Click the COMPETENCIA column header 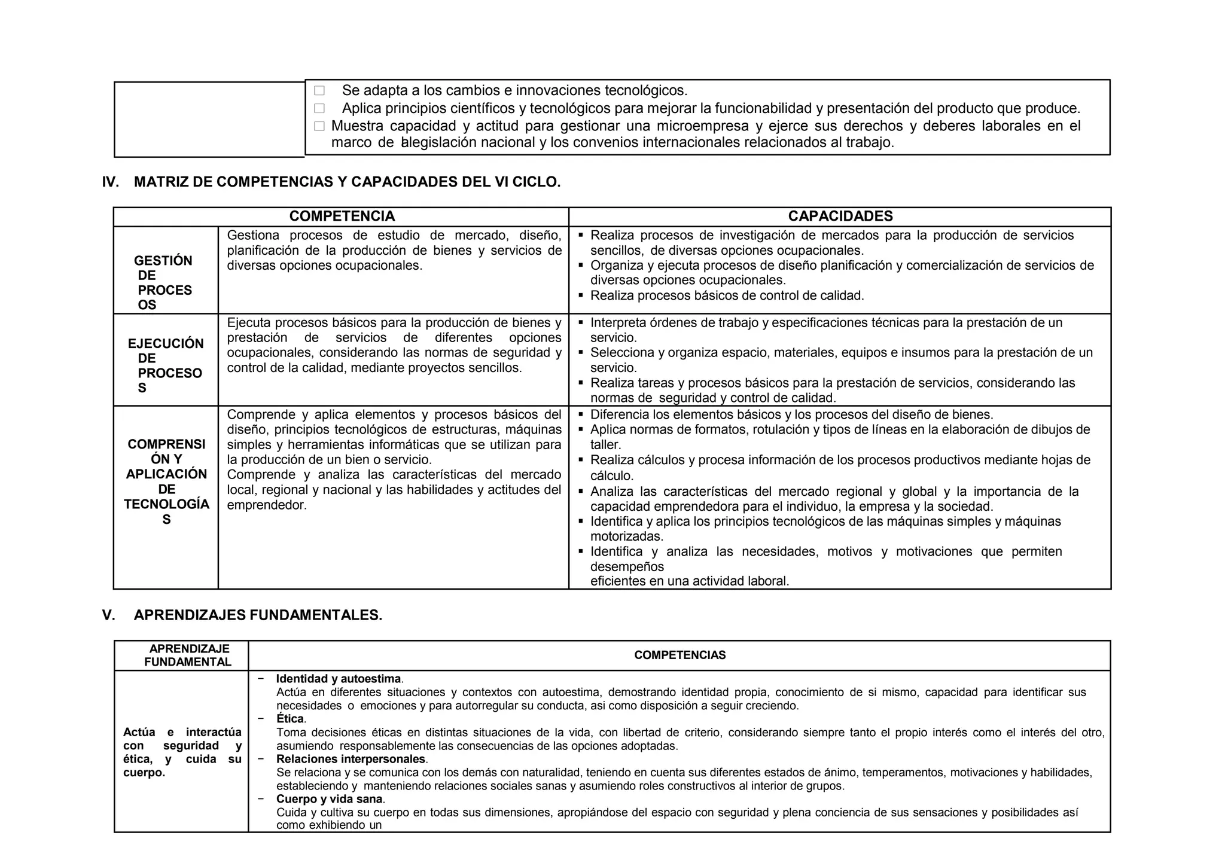point(342,216)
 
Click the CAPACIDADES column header point(840,216)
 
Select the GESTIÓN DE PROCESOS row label point(163,282)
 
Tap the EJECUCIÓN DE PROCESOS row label point(166,365)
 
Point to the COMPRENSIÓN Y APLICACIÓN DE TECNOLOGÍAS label point(166,481)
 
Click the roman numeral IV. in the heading point(110,182)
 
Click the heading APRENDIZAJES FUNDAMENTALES point(258,615)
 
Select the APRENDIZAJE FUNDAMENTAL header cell point(188,655)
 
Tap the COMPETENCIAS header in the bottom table point(679,655)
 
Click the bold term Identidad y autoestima point(339,679)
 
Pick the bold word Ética point(290,719)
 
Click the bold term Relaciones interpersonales point(351,760)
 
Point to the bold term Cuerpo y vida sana point(330,800)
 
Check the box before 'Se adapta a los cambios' point(319,91)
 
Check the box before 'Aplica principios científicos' point(319,109)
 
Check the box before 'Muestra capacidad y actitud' point(319,126)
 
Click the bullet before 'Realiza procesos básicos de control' point(581,295)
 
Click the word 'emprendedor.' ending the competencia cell point(267,505)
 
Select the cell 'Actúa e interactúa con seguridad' point(182,752)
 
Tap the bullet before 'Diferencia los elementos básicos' point(581,414)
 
